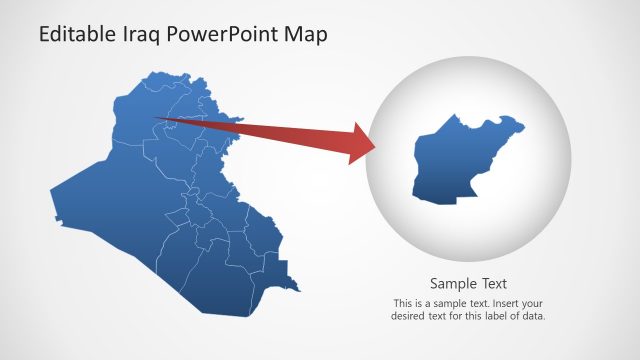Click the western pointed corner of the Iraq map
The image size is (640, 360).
[51, 187]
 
